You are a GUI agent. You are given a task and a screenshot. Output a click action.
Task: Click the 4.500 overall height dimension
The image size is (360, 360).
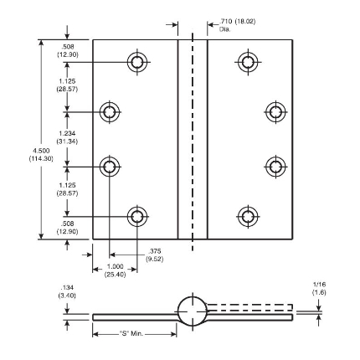tap(41, 155)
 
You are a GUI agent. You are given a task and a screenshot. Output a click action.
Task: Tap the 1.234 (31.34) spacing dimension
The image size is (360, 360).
tap(67, 137)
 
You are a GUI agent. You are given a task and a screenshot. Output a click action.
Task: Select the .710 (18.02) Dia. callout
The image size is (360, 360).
tap(237, 25)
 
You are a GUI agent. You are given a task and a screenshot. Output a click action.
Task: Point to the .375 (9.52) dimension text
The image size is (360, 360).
tap(155, 255)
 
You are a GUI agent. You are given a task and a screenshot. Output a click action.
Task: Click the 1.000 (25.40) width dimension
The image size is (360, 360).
tap(115, 270)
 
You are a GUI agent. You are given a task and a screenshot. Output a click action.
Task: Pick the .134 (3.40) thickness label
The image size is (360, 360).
tap(67, 291)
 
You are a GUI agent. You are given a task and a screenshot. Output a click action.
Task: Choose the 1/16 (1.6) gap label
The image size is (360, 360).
tap(319, 289)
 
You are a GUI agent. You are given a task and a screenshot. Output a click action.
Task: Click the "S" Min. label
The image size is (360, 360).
tap(131, 333)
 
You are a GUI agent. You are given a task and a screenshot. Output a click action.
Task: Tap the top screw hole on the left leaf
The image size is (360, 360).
tap(137, 62)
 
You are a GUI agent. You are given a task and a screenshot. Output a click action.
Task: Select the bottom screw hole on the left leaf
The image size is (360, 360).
tap(137, 217)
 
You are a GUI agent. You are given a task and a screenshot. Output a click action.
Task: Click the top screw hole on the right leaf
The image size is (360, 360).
tap(248, 62)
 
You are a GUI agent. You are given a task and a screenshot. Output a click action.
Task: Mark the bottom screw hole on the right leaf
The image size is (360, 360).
tap(248, 217)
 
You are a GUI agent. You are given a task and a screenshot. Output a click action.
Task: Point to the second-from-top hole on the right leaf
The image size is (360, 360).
tap(275, 112)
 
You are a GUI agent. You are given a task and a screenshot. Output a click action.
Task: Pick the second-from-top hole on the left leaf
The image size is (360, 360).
tap(110, 112)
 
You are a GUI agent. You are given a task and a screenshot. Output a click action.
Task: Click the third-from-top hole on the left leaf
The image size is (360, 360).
tap(110, 167)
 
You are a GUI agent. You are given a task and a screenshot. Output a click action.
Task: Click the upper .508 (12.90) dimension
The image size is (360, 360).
tap(68, 50)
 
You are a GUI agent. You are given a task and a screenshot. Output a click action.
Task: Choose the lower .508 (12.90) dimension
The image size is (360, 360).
tap(68, 228)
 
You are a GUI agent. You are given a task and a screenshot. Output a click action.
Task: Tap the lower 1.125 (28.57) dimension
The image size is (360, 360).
tap(67, 189)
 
